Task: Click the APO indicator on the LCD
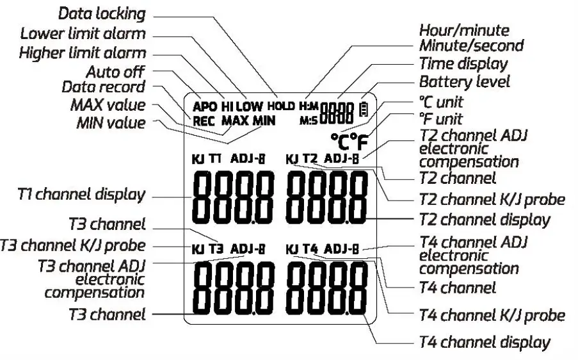click(205, 106)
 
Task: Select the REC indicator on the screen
click(204, 119)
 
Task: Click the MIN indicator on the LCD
click(264, 119)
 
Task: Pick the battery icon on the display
click(364, 109)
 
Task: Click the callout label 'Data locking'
click(102, 13)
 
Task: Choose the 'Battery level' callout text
click(464, 81)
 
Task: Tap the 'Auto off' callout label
click(115, 70)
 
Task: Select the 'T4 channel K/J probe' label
click(491, 315)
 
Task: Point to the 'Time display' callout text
click(463, 63)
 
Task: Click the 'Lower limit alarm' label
click(83, 33)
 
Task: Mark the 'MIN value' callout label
click(111, 122)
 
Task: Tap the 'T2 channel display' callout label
click(484, 219)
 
